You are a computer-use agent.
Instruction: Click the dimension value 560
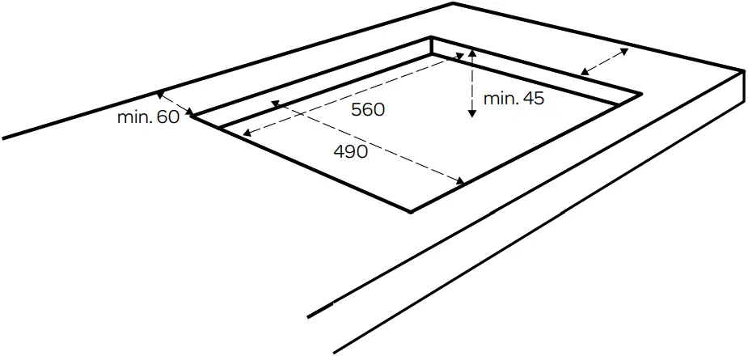pos(367,110)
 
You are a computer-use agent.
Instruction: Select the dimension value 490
pos(350,151)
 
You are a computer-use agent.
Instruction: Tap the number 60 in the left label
pos(167,117)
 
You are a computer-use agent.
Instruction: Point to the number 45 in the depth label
pos(532,99)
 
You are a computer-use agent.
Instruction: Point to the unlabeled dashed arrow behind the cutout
pos(604,61)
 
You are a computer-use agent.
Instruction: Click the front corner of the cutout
pos(411,211)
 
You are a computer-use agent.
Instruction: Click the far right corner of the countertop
pos(743,71)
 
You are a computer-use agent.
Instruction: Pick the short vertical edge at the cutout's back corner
pos(433,46)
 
